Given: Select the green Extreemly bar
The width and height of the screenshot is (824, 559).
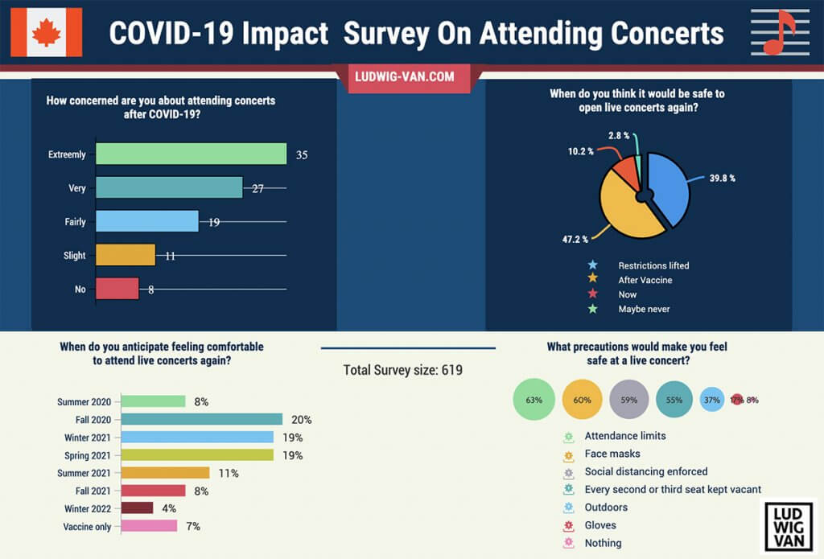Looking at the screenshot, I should point(191,154).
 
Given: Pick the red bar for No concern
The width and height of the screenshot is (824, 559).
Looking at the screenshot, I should point(117,289).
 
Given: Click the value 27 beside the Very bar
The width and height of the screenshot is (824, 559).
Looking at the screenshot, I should point(257,188).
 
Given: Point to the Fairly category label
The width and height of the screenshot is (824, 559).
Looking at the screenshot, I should point(75,222).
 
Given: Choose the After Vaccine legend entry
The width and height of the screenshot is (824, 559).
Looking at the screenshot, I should point(645,280).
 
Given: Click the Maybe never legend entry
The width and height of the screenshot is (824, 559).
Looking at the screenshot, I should point(644,309).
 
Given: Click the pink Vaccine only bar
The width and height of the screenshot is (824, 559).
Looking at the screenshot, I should point(149,526).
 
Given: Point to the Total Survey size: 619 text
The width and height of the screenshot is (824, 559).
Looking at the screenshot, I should point(403,370).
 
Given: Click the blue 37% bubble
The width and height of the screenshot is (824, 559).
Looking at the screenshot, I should point(712,399).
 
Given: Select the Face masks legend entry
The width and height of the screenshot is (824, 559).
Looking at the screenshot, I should point(612,454).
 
